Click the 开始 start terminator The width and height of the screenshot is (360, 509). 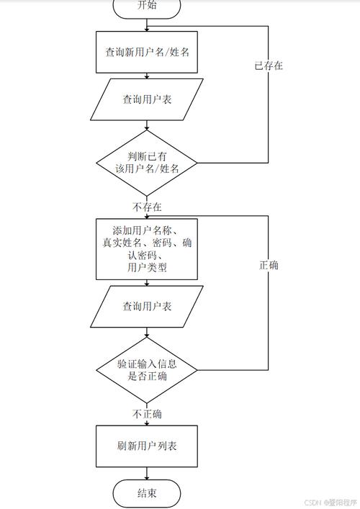pos(147,6)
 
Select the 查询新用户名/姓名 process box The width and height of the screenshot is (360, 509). pos(147,51)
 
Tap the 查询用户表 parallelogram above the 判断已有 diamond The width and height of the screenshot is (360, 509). pos(147,99)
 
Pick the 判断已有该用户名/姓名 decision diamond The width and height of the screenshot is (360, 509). pos(147,162)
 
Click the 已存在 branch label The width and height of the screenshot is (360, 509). pos(268,66)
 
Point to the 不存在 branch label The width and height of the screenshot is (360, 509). pos(147,206)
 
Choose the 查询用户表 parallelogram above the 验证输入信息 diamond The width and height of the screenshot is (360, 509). pos(147,306)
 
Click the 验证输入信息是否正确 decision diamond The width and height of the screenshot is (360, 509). pos(147,370)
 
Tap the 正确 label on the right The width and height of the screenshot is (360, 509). pos(269,265)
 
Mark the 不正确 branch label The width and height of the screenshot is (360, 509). pos(147,414)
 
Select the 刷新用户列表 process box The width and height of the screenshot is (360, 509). pos(147,446)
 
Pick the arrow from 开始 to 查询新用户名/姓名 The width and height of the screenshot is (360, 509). pos(147,23)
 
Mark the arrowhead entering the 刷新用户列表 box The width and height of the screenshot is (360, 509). pos(147,423)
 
